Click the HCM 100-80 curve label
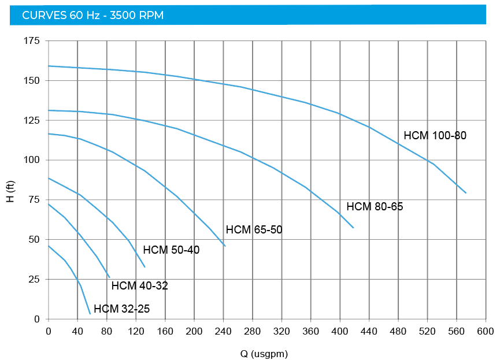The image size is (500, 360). pyautogui.click(x=435, y=136)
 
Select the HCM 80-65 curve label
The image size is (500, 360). pyautogui.click(x=375, y=207)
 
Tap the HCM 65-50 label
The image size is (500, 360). pyautogui.click(x=254, y=230)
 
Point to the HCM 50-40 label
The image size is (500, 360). pyautogui.click(x=171, y=250)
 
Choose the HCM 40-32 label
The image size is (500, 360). pyautogui.click(x=139, y=285)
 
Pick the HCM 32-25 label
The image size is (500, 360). pyautogui.click(x=121, y=309)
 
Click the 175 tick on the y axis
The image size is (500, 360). pyautogui.click(x=32, y=41)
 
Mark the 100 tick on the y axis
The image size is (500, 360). pyautogui.click(x=32, y=160)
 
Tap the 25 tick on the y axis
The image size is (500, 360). pyautogui.click(x=34, y=279)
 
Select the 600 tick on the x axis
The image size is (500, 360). pyautogui.click(x=485, y=331)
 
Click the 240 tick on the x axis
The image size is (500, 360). pyautogui.click(x=223, y=331)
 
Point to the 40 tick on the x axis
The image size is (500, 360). pyautogui.click(x=77, y=331)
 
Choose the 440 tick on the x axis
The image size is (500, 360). pyautogui.click(x=369, y=331)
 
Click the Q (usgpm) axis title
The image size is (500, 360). pyautogui.click(x=264, y=354)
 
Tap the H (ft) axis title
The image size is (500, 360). pyautogui.click(x=10, y=191)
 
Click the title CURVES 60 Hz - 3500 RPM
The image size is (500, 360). pyautogui.click(x=92, y=15)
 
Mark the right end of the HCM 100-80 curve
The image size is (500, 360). pyautogui.click(x=466, y=193)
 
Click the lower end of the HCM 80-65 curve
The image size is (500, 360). pyautogui.click(x=353, y=228)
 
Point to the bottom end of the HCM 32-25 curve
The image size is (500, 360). pyautogui.click(x=90, y=314)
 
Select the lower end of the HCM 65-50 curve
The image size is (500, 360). pyautogui.click(x=225, y=246)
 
